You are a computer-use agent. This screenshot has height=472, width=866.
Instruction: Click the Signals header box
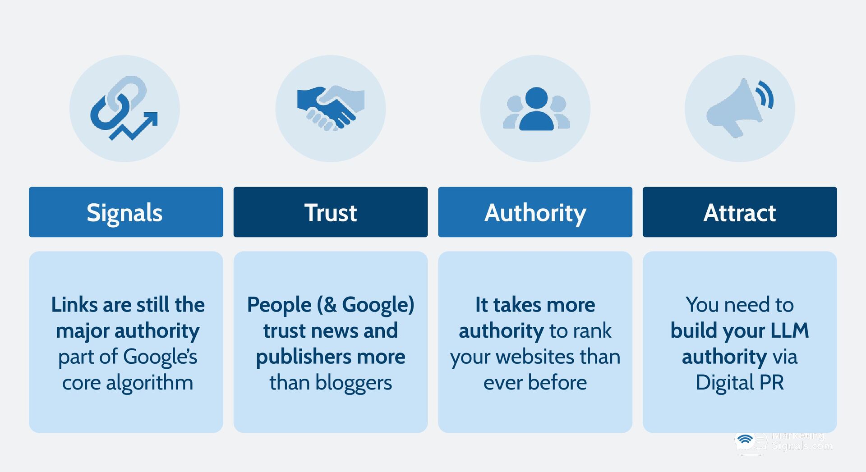tap(126, 212)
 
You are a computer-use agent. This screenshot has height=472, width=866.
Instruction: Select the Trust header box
tap(330, 212)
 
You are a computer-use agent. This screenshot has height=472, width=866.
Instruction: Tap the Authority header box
tap(535, 212)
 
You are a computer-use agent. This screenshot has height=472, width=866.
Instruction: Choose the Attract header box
tap(740, 212)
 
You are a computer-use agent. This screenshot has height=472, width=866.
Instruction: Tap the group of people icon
tap(536, 109)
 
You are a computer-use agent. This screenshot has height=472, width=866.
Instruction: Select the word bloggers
tap(354, 383)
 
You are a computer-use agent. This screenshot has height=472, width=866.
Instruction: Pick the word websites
tap(535, 357)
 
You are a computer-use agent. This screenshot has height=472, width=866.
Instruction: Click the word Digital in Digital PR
tap(724, 383)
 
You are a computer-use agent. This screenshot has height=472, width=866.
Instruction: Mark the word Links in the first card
tap(74, 305)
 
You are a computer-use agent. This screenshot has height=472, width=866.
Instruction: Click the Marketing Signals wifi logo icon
tap(746, 440)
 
